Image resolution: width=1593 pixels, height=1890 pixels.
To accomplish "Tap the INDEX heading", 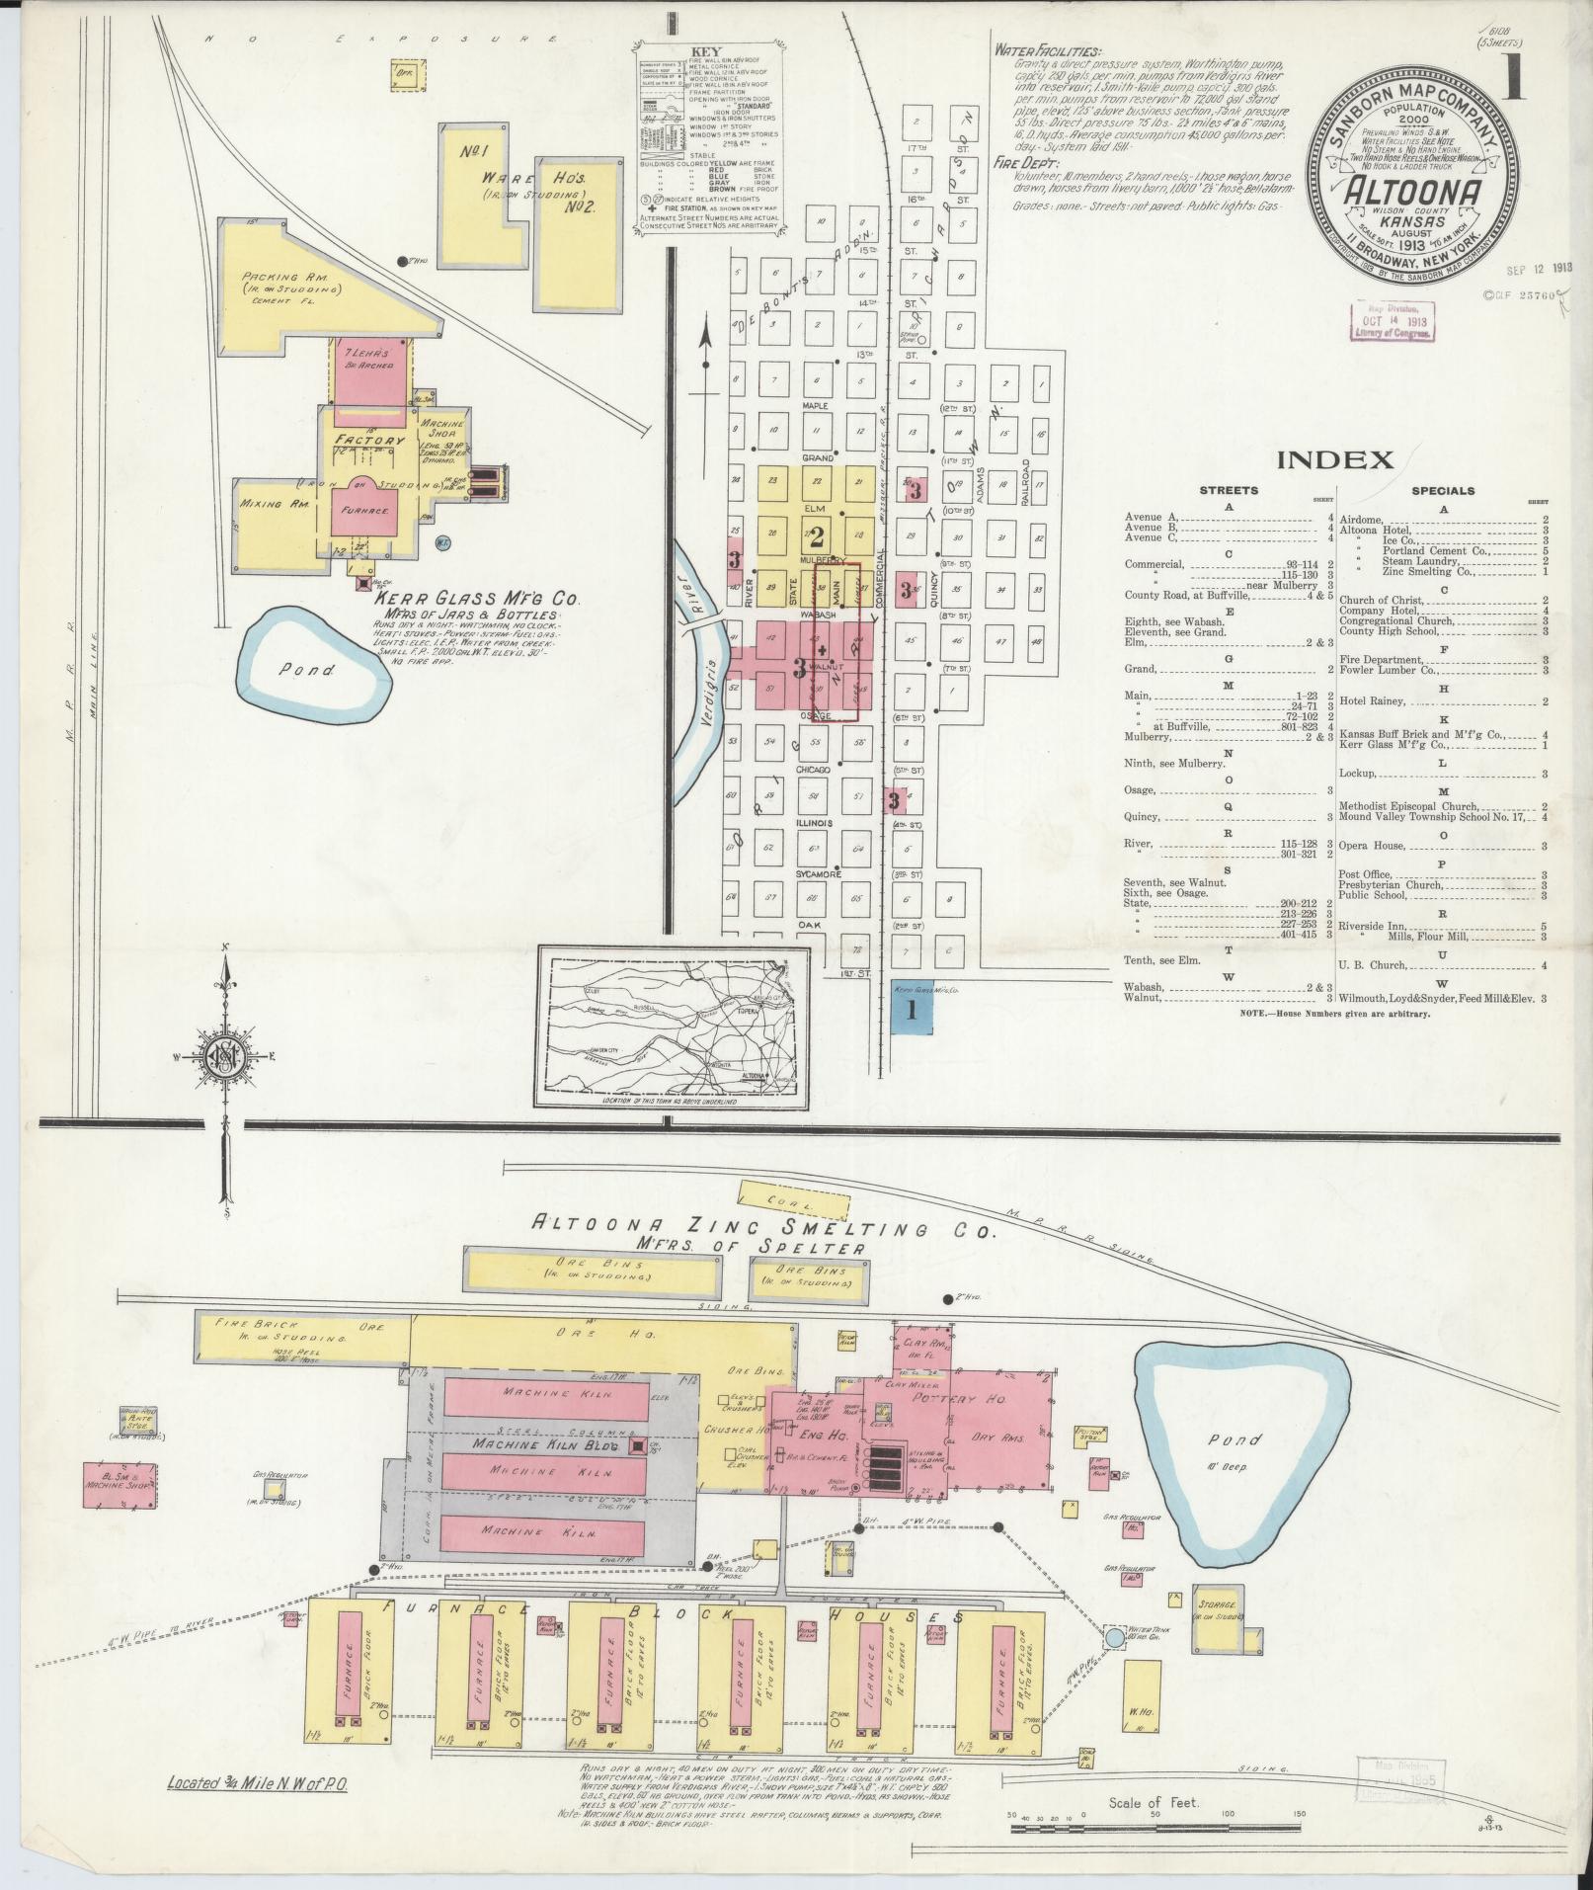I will [x=1334, y=459].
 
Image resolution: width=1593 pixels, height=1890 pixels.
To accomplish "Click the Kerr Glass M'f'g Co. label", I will [x=476, y=600].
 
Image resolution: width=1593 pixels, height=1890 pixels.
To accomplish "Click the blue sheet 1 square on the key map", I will [x=912, y=1013].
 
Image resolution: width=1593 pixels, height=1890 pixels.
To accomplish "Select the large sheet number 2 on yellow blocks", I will [x=817, y=534].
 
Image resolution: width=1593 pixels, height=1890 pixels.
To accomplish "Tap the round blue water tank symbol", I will [x=1114, y=1637].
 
